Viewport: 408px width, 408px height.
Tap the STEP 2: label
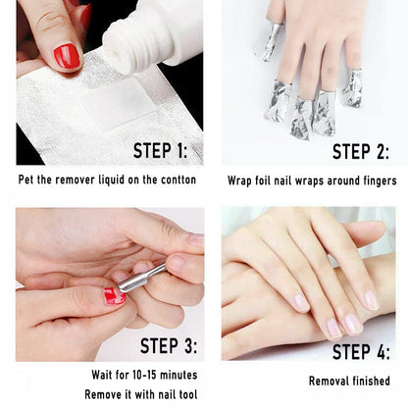(x=360, y=150)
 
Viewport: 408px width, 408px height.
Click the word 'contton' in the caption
(x=177, y=179)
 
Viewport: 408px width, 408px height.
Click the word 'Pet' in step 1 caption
(x=28, y=179)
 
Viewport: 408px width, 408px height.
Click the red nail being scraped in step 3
(x=115, y=295)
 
